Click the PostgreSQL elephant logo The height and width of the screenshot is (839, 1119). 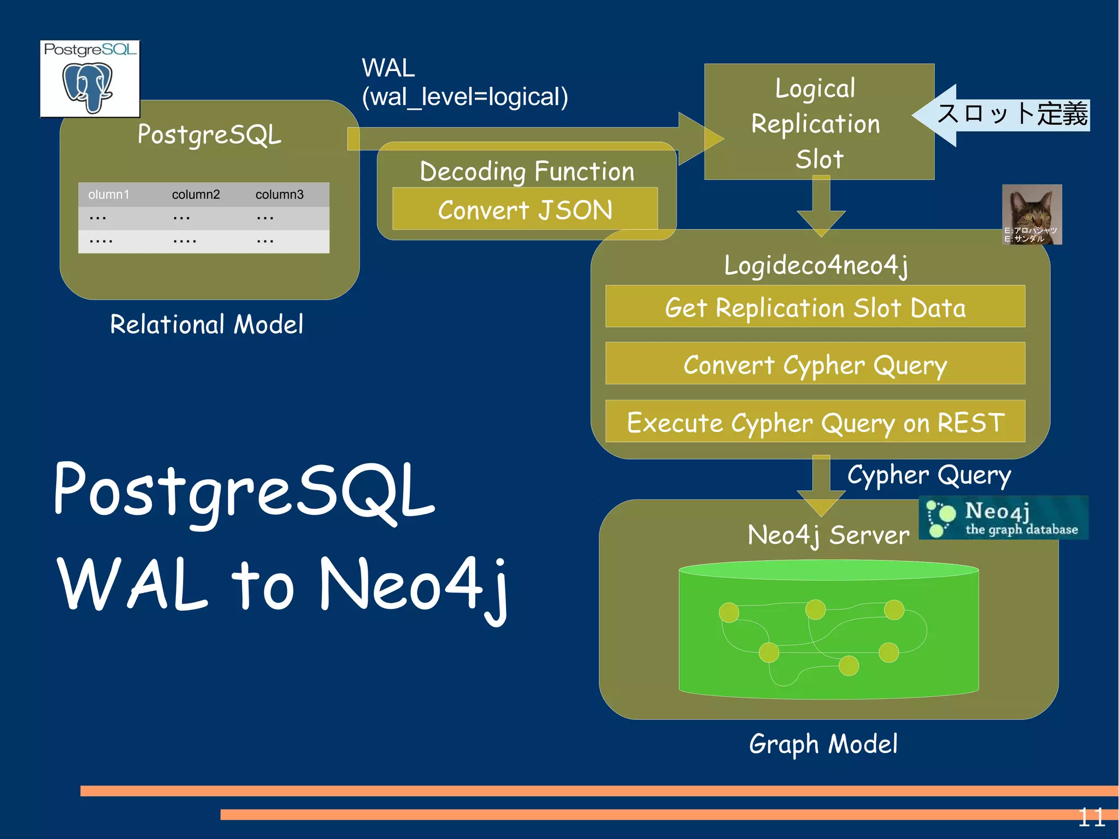click(90, 80)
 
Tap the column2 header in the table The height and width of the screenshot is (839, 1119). click(196, 195)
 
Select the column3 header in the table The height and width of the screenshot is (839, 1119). click(279, 195)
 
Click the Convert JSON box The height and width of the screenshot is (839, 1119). click(525, 209)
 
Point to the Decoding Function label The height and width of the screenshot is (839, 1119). click(527, 171)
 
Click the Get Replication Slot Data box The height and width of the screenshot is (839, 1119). click(815, 307)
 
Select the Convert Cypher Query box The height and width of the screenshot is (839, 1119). click(815, 365)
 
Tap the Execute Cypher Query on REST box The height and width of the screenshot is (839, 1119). click(815, 423)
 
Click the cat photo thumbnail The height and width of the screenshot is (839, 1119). click(1032, 214)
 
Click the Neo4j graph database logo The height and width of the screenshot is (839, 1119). click(1003, 518)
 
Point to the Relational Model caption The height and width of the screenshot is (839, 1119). click(207, 324)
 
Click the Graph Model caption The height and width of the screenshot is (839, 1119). click(823, 744)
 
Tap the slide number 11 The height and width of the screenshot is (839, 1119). click(1091, 818)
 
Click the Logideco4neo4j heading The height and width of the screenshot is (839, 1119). click(816, 266)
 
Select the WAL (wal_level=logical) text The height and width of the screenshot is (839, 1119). click(464, 83)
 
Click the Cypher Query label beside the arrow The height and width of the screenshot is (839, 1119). click(929, 475)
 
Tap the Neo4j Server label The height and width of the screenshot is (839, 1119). click(828, 535)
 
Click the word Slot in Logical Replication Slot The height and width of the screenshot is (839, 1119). click(820, 159)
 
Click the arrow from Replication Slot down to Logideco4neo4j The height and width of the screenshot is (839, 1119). click(821, 208)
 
